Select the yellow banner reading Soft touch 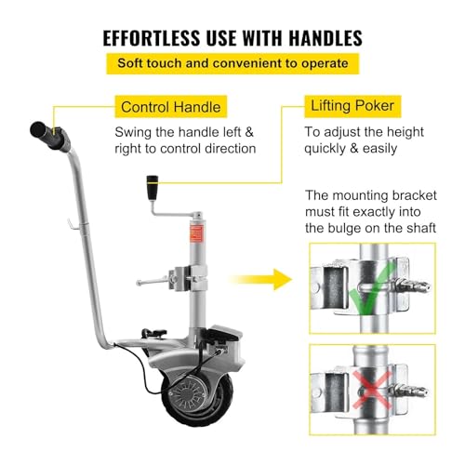click(x=232, y=65)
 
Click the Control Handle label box click(x=166, y=107)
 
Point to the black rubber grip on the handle click(x=47, y=132)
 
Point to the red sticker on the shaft click(x=198, y=229)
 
